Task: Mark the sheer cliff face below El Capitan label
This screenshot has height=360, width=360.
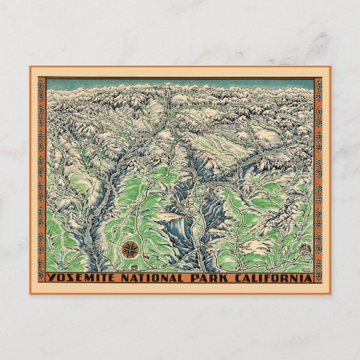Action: pyautogui.click(x=173, y=231)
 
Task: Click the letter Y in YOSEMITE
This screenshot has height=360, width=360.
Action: pyautogui.click(x=49, y=277)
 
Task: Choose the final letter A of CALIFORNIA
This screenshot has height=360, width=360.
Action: pyautogui.click(x=310, y=277)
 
